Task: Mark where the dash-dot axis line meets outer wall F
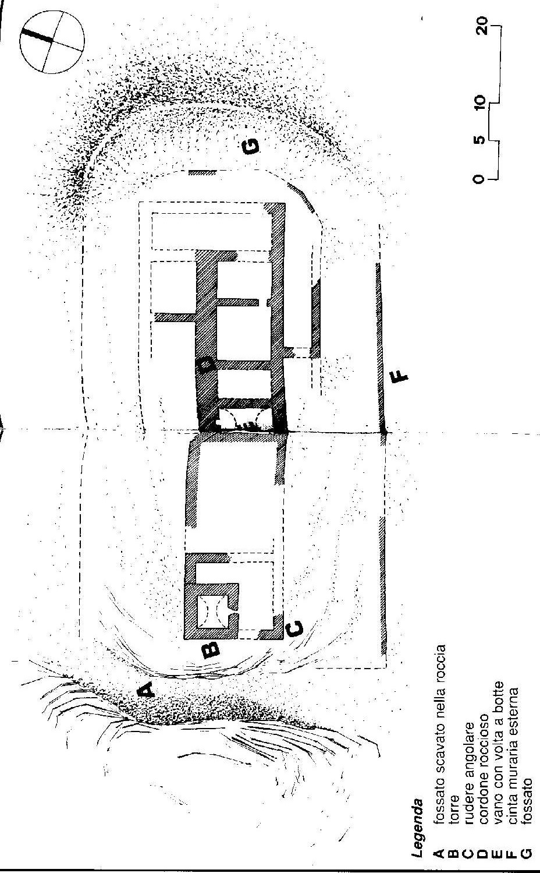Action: [x=383, y=432]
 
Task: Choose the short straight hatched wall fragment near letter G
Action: [x=202, y=172]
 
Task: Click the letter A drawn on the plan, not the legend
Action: [x=145, y=690]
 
